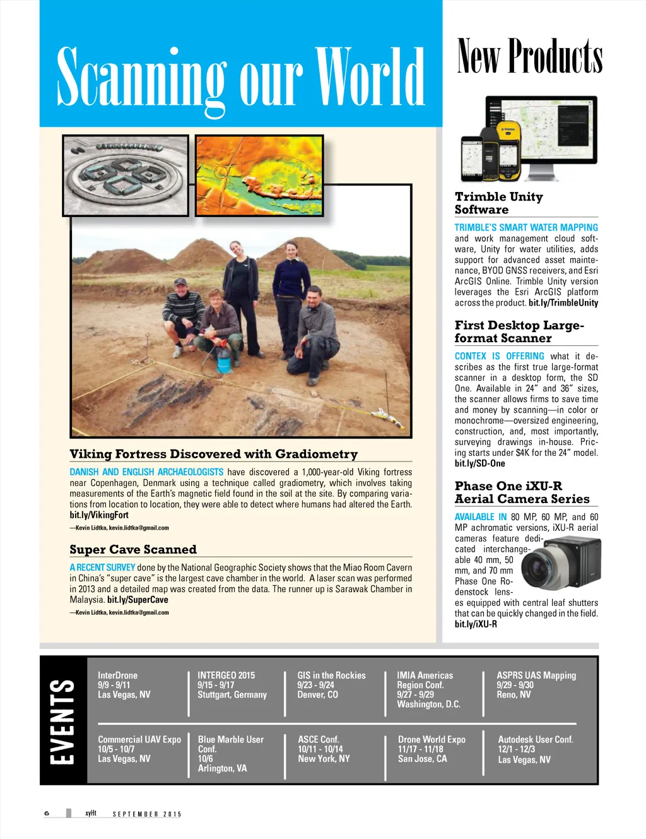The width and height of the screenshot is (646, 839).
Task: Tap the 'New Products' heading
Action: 529,57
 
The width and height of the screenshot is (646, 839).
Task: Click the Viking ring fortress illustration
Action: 126,175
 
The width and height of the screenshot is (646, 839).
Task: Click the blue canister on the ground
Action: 223,360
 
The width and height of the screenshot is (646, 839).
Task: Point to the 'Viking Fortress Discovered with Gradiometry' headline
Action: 213,454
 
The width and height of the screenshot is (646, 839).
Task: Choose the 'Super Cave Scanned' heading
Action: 133,549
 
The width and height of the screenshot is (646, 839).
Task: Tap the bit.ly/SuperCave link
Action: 138,600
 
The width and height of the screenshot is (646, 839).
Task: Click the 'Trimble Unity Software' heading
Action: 498,203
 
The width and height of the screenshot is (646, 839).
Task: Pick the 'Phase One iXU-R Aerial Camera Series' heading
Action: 522,492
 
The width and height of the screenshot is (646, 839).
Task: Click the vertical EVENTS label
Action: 62,720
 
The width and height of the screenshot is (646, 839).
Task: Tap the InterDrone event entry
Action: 124,685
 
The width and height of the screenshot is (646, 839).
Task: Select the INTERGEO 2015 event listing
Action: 232,685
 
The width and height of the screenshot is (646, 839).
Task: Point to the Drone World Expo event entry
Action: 432,749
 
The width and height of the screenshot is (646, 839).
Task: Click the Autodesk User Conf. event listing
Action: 535,749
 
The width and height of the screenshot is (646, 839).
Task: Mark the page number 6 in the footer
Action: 47,813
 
